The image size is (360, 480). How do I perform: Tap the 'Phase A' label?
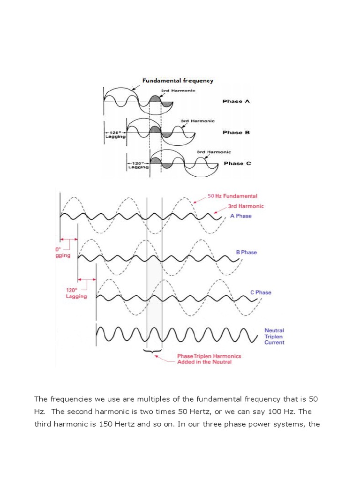pos(232,101)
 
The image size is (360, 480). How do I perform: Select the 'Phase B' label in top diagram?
pos(236,132)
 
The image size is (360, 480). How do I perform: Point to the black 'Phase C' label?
pos(237,163)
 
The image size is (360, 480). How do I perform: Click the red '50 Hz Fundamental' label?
pos(232,196)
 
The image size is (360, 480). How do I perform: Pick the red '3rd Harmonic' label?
pos(246,206)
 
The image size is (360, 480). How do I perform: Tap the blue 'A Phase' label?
pos(240,216)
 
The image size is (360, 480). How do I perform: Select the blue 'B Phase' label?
pos(247,252)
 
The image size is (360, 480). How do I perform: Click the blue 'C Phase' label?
pos(261,292)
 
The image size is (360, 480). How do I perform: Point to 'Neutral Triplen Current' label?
pos(274,336)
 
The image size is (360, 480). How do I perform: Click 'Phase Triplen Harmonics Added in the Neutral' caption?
pos(209,359)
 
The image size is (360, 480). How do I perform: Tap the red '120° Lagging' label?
pos(76,293)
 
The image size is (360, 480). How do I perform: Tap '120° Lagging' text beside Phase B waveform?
pos(115,135)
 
